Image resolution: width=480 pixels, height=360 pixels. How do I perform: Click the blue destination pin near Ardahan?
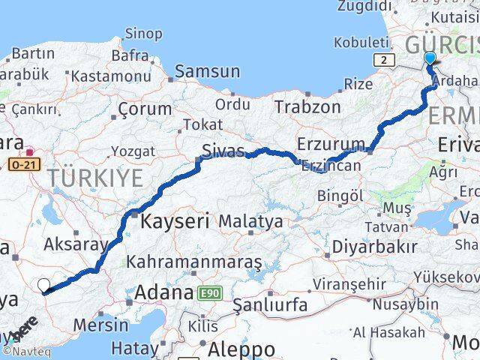click(430, 59)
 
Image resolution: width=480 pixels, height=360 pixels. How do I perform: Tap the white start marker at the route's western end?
click(43, 285)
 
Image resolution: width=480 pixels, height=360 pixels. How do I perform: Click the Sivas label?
click(223, 151)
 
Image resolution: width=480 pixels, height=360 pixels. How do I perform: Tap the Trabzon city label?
click(307, 106)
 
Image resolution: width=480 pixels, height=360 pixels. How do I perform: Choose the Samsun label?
click(207, 71)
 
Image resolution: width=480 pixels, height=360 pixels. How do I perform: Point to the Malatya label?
click(250, 221)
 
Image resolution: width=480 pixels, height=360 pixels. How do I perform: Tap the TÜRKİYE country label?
click(95, 178)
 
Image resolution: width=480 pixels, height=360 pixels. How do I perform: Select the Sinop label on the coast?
click(143, 34)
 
